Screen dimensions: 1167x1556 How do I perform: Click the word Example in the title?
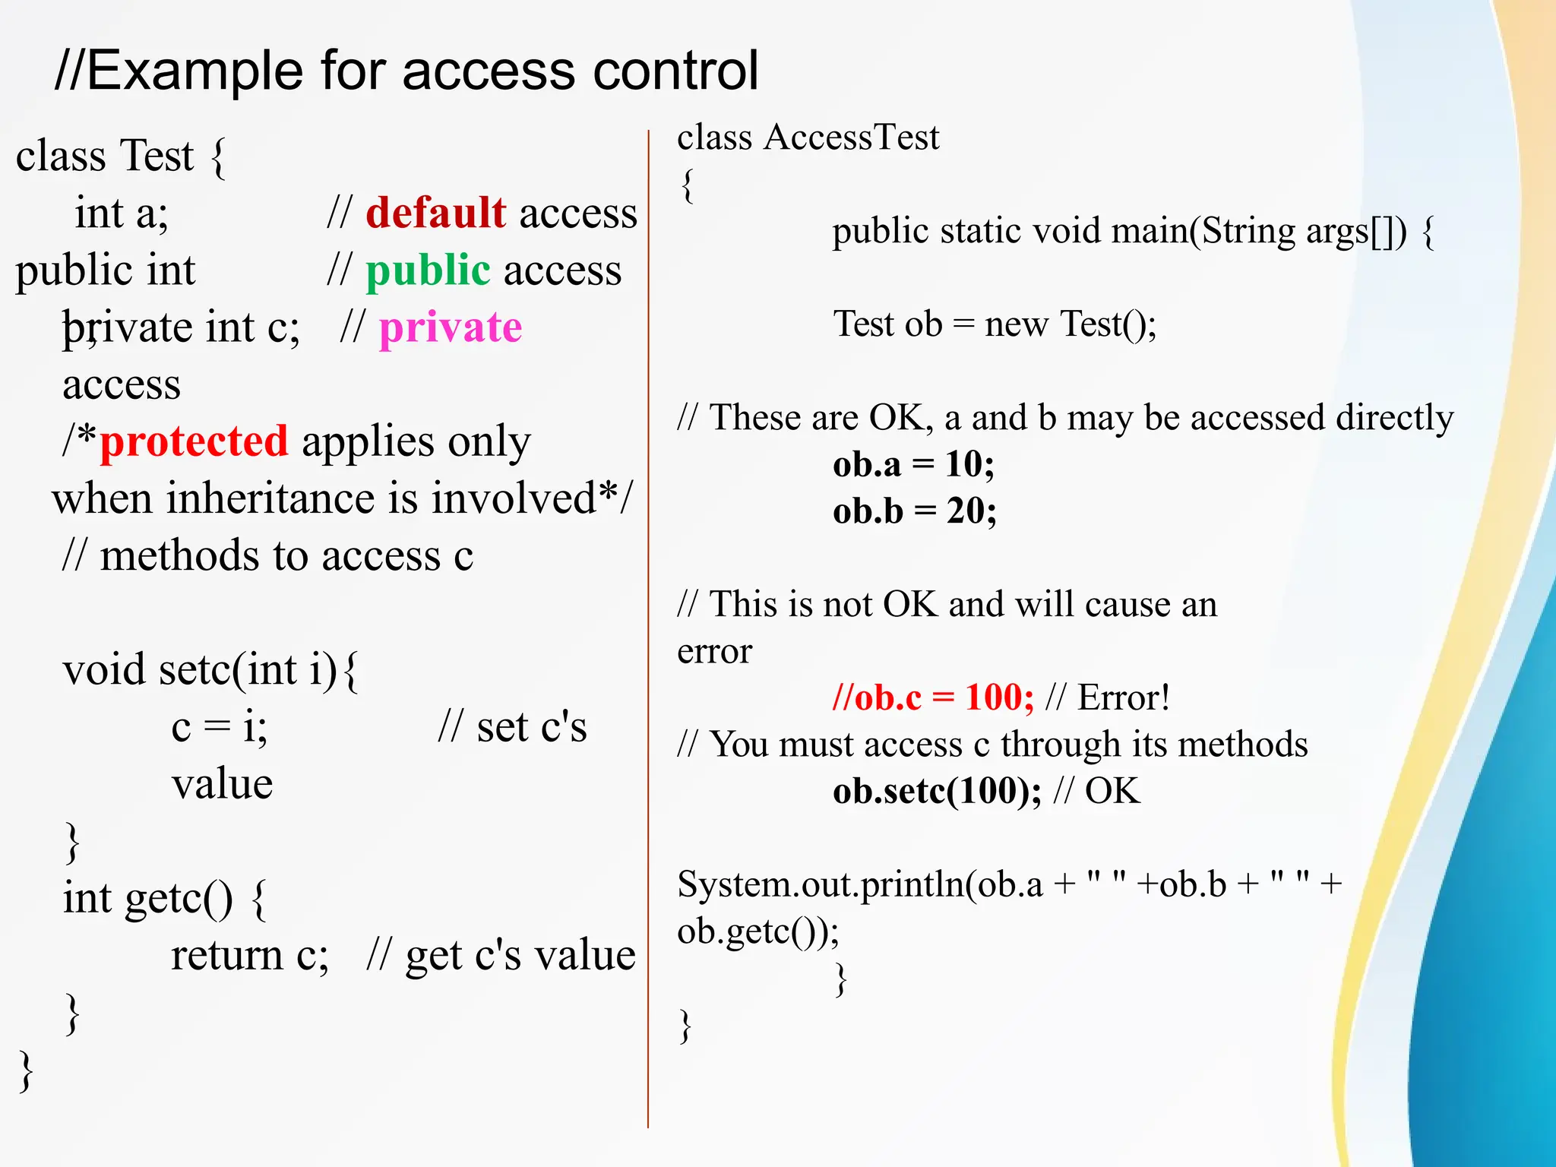click(195, 71)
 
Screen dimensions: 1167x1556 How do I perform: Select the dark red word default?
click(435, 213)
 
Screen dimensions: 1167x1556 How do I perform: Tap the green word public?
click(428, 270)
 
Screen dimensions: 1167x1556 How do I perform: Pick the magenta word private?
click(451, 327)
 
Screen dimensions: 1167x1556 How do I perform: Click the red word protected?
click(194, 441)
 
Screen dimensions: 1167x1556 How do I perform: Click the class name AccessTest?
click(852, 138)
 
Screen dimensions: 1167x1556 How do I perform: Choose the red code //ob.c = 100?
click(933, 697)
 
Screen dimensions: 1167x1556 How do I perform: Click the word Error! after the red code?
click(1124, 697)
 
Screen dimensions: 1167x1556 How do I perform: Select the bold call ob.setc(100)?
click(937, 792)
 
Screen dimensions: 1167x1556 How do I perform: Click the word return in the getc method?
click(226, 956)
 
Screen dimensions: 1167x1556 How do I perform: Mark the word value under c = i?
click(222, 784)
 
